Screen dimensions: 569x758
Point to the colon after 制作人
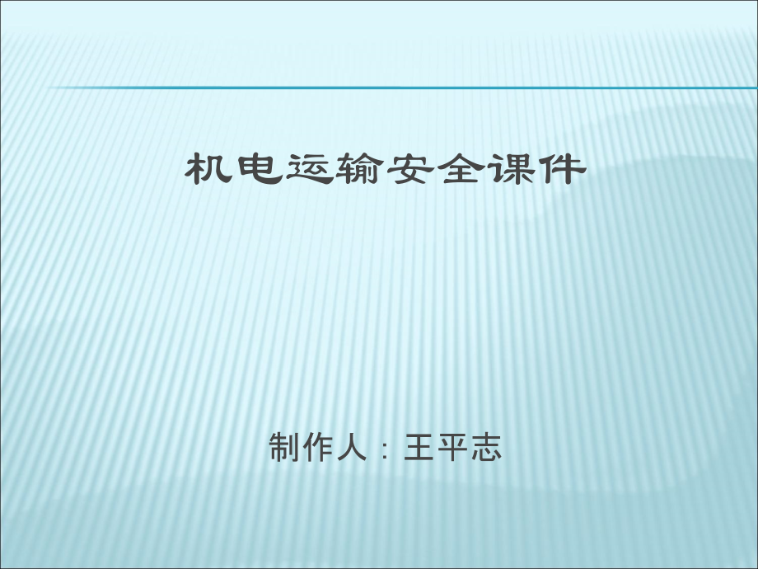pyautogui.click(x=384, y=451)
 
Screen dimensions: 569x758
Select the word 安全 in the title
pyautogui.click(x=434, y=170)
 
